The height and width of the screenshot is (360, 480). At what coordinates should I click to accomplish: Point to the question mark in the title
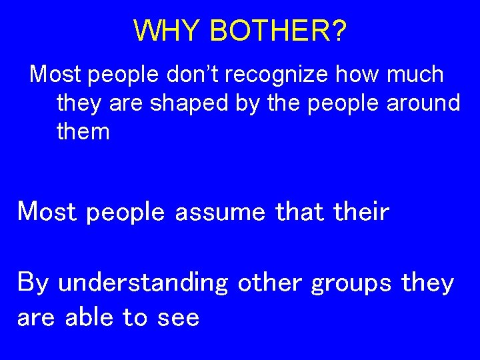point(339,31)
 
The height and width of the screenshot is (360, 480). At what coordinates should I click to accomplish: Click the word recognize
point(276,74)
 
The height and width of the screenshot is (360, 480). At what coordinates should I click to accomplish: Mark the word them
point(83,131)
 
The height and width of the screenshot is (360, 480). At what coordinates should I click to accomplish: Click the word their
point(361,211)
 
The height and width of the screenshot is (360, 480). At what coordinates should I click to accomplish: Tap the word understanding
point(143,283)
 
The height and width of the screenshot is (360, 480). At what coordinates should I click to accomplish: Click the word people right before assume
point(125,213)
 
